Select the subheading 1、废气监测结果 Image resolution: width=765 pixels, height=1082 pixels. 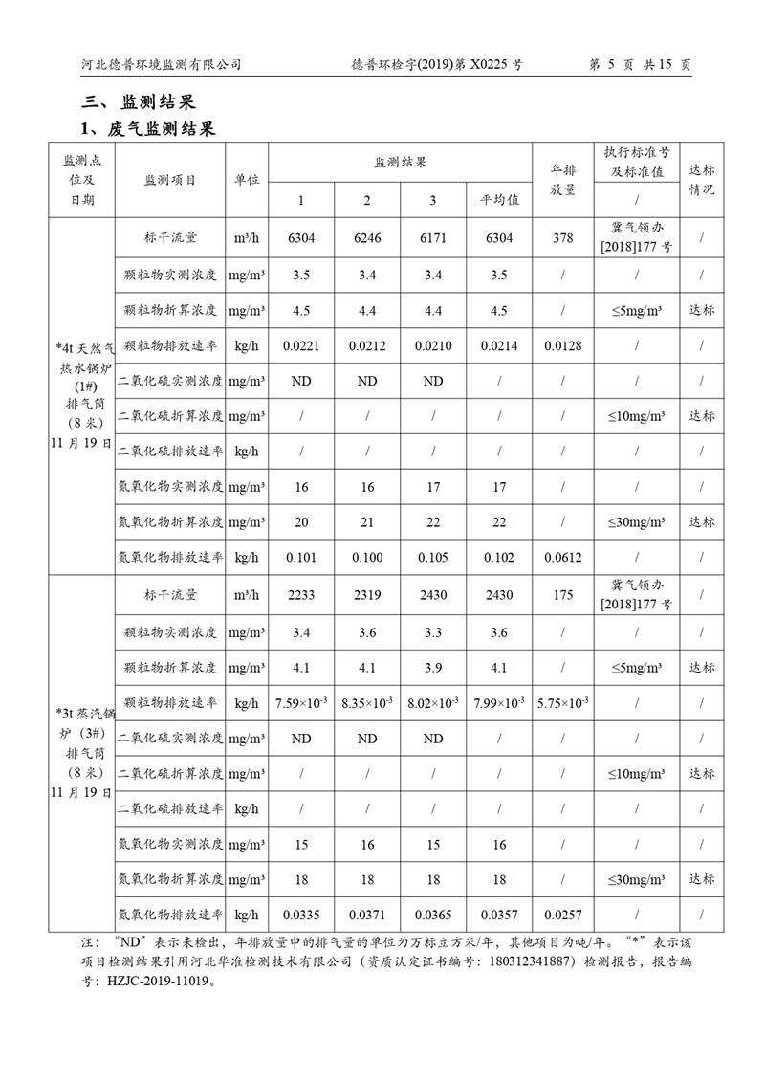pyautogui.click(x=147, y=128)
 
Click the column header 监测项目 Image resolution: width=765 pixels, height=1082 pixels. pyautogui.click(x=170, y=180)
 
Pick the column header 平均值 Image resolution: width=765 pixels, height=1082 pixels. pyautogui.click(x=499, y=200)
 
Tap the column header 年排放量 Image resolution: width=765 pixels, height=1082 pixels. pyautogui.click(x=563, y=180)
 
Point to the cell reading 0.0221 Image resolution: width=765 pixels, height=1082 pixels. pyautogui.click(x=301, y=345)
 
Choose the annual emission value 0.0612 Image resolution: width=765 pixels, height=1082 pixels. pyautogui.click(x=563, y=558)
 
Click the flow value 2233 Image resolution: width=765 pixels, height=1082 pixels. pyautogui.click(x=301, y=595)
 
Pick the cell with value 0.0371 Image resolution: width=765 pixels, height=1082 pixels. pyautogui.click(x=367, y=915)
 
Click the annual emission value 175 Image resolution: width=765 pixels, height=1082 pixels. pyautogui.click(x=563, y=595)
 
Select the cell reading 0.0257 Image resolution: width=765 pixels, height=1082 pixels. pyautogui.click(x=563, y=915)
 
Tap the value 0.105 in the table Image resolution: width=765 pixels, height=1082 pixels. pyautogui.click(x=433, y=558)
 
